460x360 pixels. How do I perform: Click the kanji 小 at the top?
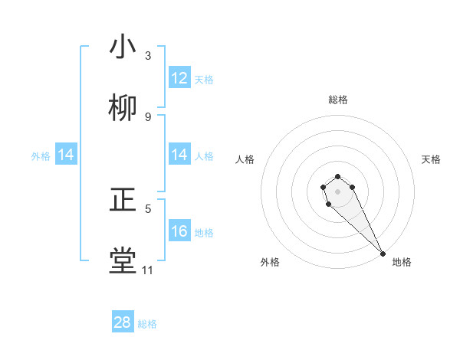(x=123, y=47)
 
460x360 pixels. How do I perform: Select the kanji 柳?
(x=123, y=108)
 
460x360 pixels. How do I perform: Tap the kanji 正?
(x=123, y=201)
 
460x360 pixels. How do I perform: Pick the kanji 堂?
(x=123, y=260)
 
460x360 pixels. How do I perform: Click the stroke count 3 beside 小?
(x=148, y=56)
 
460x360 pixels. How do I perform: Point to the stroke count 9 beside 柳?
(x=148, y=116)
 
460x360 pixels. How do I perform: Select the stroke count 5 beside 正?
(x=148, y=208)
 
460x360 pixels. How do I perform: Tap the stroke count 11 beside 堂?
(x=148, y=270)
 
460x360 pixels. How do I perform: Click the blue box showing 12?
(x=179, y=78)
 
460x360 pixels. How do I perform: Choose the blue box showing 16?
(x=179, y=231)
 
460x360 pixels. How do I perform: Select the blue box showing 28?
(x=123, y=322)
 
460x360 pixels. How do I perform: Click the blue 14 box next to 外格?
(x=66, y=155)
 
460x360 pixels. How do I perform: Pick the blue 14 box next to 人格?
(x=179, y=155)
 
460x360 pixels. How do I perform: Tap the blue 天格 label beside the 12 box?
(x=204, y=79)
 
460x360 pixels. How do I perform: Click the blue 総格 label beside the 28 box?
(x=147, y=323)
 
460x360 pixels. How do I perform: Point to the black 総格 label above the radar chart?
(x=338, y=100)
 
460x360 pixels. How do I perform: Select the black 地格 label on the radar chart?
(x=402, y=262)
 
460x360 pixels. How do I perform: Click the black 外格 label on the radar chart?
(x=270, y=262)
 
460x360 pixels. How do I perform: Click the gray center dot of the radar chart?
(x=338, y=191)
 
